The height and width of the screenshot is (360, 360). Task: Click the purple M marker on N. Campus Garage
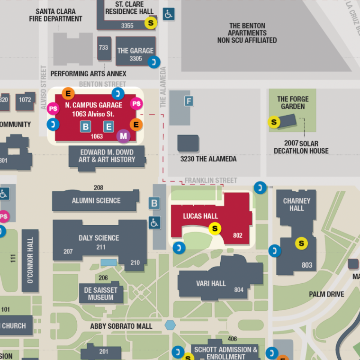(124, 136)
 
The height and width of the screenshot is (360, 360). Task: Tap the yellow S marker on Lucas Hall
(215, 229)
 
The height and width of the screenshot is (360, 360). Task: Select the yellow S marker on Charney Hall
(301, 243)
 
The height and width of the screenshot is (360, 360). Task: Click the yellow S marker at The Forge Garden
(274, 122)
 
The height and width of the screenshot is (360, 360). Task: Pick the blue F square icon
(189, 101)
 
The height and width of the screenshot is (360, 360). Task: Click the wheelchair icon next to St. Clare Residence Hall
(168, 14)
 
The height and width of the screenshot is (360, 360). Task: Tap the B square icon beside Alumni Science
(154, 204)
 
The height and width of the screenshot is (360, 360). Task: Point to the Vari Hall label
(211, 283)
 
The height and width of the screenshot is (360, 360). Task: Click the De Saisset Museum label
(100, 294)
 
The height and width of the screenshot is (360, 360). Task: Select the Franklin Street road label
(211, 180)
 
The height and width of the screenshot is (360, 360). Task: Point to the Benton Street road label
(102, 84)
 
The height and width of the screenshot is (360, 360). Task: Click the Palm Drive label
(326, 294)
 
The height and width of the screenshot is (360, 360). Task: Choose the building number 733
(103, 48)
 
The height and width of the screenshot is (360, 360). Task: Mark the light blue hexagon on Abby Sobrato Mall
(170, 325)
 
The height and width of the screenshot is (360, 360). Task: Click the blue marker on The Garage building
(153, 62)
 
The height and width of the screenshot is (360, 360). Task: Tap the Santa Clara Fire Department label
(55, 15)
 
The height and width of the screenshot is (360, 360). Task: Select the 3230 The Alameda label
(208, 159)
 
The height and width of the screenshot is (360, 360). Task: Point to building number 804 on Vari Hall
(239, 290)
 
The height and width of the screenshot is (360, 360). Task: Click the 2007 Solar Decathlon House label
(301, 147)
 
